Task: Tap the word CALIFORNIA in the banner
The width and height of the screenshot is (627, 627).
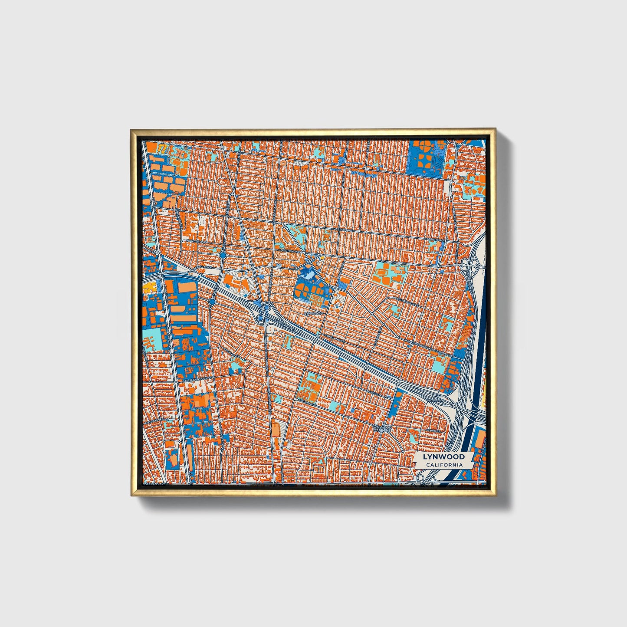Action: pyautogui.click(x=443, y=465)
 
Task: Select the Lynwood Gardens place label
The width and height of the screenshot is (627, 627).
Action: pyautogui.click(x=382, y=429)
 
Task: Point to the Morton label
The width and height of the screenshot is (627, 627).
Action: pyautogui.click(x=435, y=400)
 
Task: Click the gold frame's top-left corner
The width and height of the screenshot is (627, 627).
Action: pyautogui.click(x=131, y=130)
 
